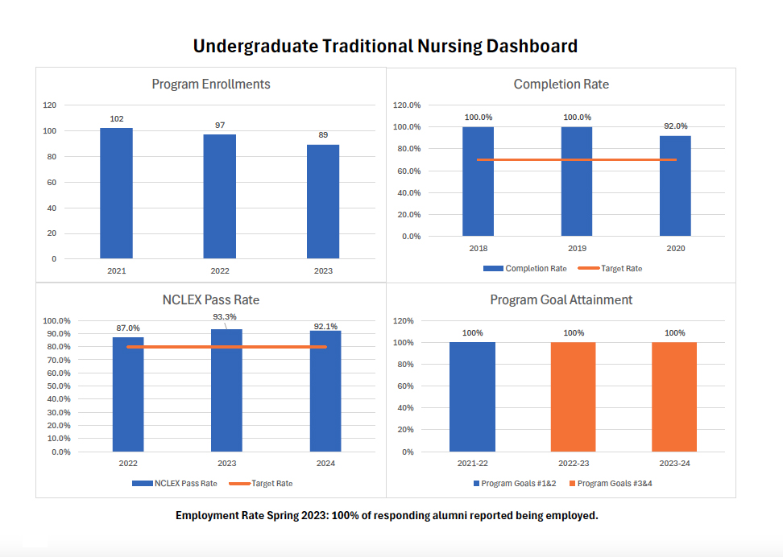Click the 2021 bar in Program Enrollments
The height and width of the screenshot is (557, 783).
pos(116,193)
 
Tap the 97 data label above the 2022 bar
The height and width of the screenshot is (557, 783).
pos(220,125)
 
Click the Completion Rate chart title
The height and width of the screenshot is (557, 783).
pos(561,85)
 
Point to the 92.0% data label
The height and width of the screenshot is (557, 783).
pos(676,126)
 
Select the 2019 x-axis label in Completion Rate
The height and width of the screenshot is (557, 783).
pos(577,249)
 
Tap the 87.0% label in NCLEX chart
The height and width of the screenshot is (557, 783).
pos(128,328)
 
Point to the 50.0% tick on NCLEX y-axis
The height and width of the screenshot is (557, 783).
pos(57,386)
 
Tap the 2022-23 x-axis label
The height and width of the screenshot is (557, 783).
pos(574,464)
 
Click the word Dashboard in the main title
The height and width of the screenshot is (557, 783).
pos(532,46)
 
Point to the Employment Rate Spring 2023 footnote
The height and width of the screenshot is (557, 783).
pos(387,515)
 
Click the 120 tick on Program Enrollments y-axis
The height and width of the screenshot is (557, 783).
pos(50,105)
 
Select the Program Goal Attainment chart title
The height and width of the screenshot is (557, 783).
pos(561,300)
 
